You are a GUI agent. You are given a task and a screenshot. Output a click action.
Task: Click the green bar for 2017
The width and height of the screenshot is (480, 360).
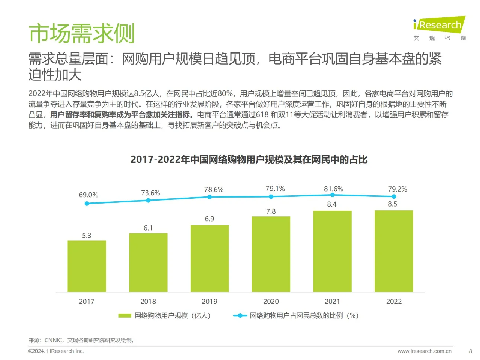point(87,266)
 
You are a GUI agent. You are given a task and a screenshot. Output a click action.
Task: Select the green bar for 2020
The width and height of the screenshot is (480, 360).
point(271,254)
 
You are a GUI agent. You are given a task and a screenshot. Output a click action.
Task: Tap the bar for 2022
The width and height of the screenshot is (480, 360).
point(394,251)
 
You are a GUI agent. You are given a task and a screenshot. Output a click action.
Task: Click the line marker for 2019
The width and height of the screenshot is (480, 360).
point(210,197)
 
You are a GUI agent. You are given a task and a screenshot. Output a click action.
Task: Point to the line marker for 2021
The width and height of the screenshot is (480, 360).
point(332,195)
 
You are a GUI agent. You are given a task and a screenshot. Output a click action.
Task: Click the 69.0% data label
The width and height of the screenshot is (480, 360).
point(88,195)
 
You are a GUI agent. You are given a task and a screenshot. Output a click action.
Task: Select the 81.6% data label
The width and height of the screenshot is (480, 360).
point(333,189)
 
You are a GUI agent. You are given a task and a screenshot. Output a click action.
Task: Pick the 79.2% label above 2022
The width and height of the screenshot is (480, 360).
point(397,189)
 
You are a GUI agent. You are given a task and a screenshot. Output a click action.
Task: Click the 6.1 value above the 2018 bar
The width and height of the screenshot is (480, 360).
point(148,228)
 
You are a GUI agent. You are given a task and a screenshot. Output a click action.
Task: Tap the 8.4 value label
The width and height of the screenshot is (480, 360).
point(331,204)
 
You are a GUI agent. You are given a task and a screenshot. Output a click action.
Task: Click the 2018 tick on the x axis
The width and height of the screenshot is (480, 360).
point(148,301)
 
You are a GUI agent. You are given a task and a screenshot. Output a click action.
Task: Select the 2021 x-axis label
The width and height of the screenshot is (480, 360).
point(332,301)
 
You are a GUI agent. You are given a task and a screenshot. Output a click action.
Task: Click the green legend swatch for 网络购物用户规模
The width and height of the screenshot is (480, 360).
point(124,316)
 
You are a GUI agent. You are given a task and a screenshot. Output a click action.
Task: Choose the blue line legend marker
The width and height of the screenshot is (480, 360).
point(240,316)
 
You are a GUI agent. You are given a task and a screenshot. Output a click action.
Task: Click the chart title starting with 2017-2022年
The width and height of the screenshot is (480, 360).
point(249,160)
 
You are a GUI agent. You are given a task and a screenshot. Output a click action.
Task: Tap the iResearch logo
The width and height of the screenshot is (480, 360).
point(439,25)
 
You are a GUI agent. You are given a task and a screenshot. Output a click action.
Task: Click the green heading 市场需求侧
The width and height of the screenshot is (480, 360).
point(81,33)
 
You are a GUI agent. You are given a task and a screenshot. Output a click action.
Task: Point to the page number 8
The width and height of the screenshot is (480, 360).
point(470,351)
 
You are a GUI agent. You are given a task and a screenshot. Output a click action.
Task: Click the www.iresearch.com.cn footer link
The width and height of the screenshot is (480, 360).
point(424,351)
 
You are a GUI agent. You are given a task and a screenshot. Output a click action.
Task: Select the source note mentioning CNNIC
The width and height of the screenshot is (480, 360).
point(82,340)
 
